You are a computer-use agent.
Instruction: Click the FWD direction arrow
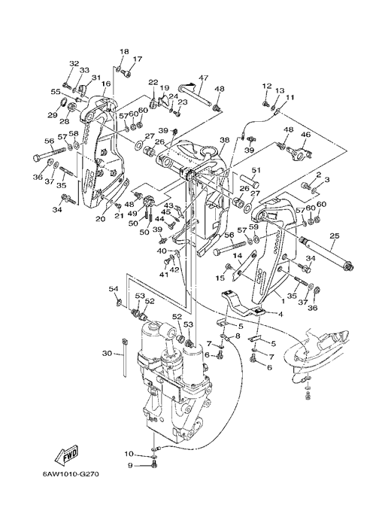click(x=66, y=454)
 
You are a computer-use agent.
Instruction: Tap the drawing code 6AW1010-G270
click(x=71, y=473)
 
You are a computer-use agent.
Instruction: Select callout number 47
click(x=203, y=78)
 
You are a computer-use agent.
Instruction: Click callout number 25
click(x=335, y=236)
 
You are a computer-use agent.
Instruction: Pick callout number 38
click(x=224, y=140)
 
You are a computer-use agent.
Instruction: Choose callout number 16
click(x=106, y=84)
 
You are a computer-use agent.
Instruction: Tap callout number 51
click(x=256, y=170)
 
